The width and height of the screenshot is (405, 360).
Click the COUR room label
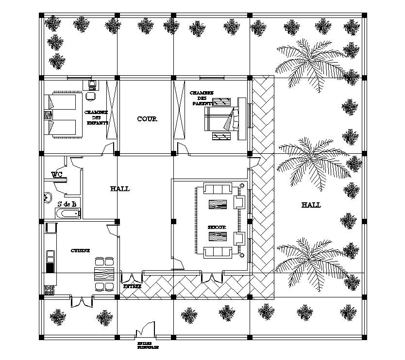(x=147, y=119)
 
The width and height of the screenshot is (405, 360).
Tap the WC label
(x=57, y=174)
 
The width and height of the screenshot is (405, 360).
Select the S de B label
(x=67, y=204)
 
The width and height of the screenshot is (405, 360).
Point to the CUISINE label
(x=80, y=250)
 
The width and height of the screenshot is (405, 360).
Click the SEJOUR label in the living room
(x=217, y=227)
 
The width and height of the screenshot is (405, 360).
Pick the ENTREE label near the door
(x=132, y=287)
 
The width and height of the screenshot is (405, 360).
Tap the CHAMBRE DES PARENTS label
(x=202, y=98)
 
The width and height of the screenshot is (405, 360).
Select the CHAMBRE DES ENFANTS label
(x=96, y=117)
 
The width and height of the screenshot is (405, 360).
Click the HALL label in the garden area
(x=311, y=205)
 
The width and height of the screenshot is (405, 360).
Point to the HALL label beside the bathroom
(x=120, y=189)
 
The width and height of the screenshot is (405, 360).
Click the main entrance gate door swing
(x=146, y=329)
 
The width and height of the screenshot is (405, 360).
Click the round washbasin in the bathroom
(x=48, y=197)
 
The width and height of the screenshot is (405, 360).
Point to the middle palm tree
(x=318, y=160)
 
